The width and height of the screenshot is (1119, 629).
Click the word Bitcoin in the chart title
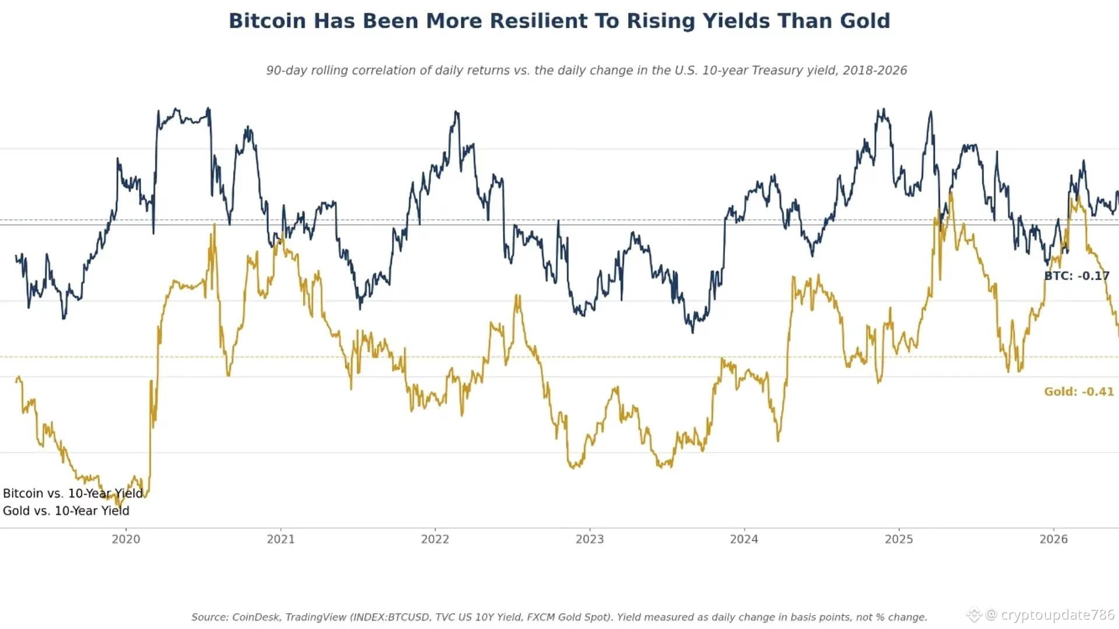pyautogui.click(x=267, y=21)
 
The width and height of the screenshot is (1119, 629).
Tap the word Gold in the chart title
pyautogui.click(x=865, y=21)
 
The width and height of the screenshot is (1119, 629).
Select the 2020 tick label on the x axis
pyautogui.click(x=126, y=539)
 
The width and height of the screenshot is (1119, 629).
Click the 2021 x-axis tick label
pyautogui.click(x=281, y=539)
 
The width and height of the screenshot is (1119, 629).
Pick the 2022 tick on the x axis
pyautogui.click(x=435, y=539)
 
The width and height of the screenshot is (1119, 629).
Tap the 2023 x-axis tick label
pyautogui.click(x=590, y=539)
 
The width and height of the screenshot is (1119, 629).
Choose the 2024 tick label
pyautogui.click(x=744, y=539)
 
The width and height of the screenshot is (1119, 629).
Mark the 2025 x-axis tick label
pyautogui.click(x=899, y=539)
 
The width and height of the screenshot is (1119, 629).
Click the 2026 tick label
pyautogui.click(x=1054, y=539)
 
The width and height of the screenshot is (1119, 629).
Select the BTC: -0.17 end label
pyautogui.click(x=1077, y=276)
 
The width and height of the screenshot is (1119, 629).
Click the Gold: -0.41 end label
pyautogui.click(x=1079, y=392)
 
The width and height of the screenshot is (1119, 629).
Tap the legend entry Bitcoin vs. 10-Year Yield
pyautogui.click(x=73, y=493)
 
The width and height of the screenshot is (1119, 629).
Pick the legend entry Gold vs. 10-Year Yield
pyautogui.click(x=66, y=511)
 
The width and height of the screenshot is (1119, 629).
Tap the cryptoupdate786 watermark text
pyautogui.click(x=1057, y=615)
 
